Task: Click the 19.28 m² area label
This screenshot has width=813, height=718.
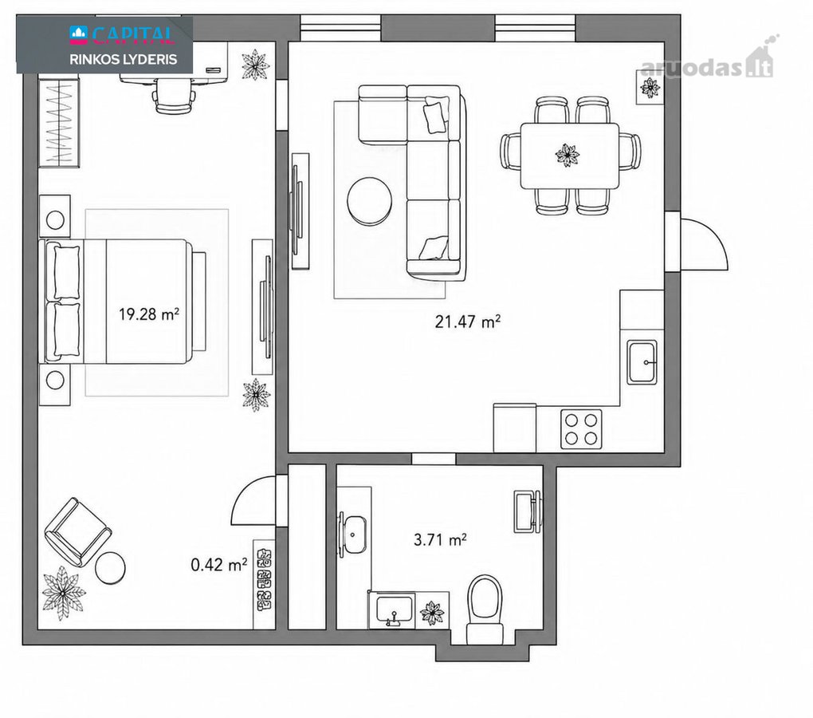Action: click(149, 314)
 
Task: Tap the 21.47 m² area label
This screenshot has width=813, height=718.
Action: click(468, 322)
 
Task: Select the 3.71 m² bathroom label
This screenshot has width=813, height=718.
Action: click(440, 540)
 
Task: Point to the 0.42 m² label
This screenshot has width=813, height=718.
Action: click(219, 565)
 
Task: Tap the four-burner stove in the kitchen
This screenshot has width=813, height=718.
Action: click(581, 428)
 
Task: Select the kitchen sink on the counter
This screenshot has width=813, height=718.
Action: click(642, 362)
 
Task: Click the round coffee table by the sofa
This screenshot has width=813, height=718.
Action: click(370, 201)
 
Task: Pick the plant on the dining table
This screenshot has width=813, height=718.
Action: click(568, 155)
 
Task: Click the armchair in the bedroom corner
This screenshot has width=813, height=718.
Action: click(78, 532)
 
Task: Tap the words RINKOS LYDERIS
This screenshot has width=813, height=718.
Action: click(124, 59)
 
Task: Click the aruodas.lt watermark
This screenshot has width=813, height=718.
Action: click(707, 65)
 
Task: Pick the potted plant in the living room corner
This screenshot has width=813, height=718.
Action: click(650, 88)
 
